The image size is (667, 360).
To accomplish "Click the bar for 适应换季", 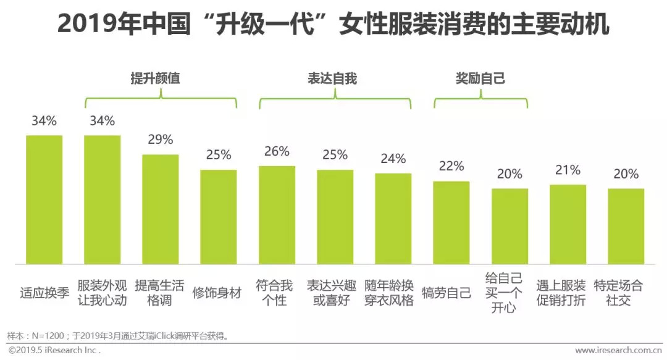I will pyautogui.click(x=44, y=199).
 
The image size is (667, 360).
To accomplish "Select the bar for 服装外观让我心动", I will pyautogui.click(x=102, y=199).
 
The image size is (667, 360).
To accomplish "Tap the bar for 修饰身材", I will pyautogui.click(x=219, y=217).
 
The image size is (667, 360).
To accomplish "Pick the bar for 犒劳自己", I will pyautogui.click(x=451, y=222).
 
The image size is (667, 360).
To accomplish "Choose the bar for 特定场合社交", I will pyautogui.click(x=626, y=226).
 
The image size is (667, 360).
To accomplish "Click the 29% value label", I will pyautogui.click(x=160, y=140).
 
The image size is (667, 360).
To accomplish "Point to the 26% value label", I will pyautogui.click(x=277, y=151).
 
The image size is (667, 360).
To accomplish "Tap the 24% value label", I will pyautogui.click(x=393, y=159).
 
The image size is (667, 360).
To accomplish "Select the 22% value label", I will pyautogui.click(x=451, y=166).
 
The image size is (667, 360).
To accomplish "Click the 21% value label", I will pyautogui.click(x=568, y=170).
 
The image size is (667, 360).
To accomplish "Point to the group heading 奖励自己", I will pyautogui.click(x=480, y=78).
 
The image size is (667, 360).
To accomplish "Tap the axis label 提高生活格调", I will pyautogui.click(x=159, y=293).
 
